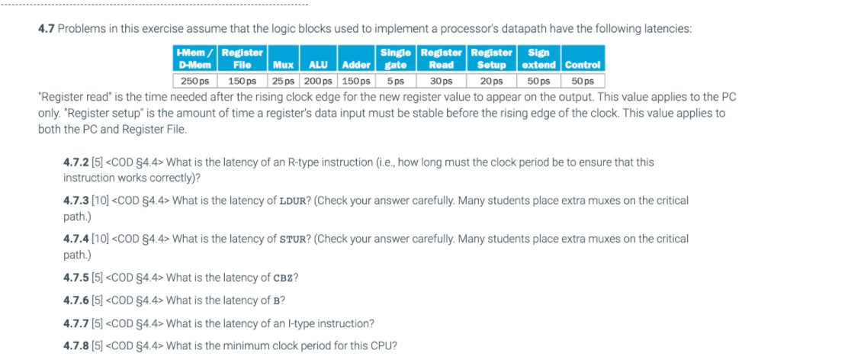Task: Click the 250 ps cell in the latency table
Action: point(195,81)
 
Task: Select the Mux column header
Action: point(284,65)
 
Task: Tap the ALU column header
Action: point(318,65)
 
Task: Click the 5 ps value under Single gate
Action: point(394,81)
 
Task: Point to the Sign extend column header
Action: point(538,59)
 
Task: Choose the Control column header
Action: point(583,65)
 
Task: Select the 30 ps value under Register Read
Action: point(442,81)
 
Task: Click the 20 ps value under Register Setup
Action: point(491,81)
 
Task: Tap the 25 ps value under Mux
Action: point(284,81)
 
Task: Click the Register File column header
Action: point(242,59)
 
